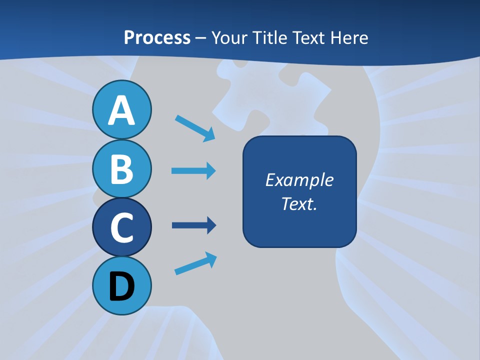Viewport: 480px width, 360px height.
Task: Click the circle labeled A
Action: (x=121, y=109)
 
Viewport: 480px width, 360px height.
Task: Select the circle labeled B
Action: (x=121, y=168)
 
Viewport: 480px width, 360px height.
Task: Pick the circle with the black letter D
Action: (x=121, y=286)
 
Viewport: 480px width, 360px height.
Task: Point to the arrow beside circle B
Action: (x=193, y=171)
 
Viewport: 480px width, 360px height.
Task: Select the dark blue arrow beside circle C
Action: (x=193, y=225)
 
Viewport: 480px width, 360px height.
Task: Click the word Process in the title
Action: (x=157, y=37)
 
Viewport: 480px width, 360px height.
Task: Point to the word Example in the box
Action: (x=299, y=180)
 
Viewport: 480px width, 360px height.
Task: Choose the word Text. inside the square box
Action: (x=299, y=204)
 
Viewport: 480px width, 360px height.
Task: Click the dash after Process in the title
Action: (x=201, y=38)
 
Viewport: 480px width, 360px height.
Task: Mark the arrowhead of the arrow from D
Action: (x=211, y=258)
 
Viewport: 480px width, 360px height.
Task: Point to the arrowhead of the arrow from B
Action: (x=210, y=171)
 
